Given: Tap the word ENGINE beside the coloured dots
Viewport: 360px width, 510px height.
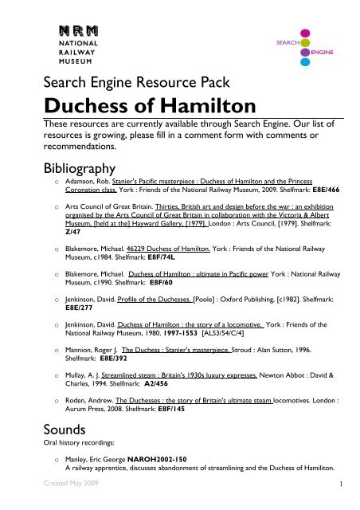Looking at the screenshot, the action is pos(323,51).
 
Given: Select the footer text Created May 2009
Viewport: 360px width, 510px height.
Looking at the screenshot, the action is pos(53,504).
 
